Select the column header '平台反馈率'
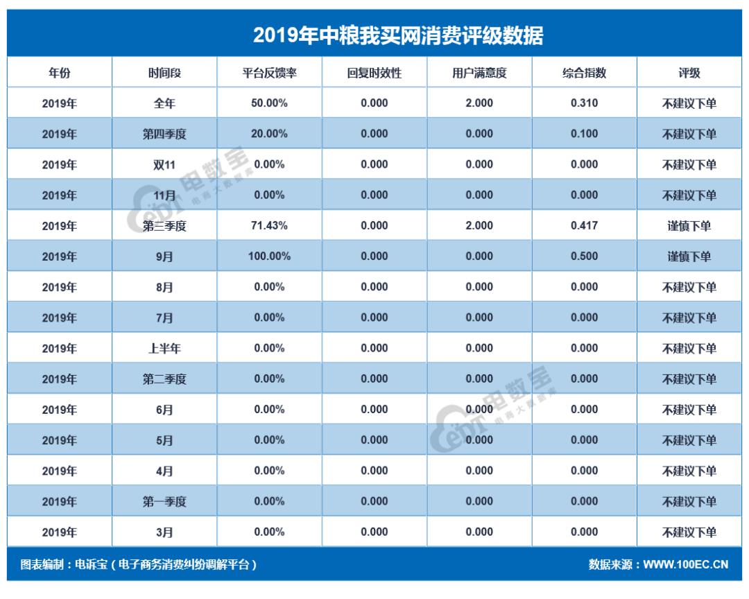click(x=269, y=73)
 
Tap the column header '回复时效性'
click(x=374, y=73)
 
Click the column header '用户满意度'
click(x=479, y=73)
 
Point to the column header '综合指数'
click(x=584, y=73)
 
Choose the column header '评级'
click(x=689, y=73)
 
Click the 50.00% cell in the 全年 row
click(x=269, y=103)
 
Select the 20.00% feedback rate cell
click(x=269, y=134)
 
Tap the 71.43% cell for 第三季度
click(x=269, y=225)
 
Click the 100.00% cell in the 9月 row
click(x=269, y=256)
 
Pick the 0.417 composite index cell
click(x=584, y=225)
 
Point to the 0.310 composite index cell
click(x=584, y=103)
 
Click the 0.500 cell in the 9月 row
click(x=584, y=256)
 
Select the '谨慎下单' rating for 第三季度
click(x=689, y=225)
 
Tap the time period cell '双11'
click(x=164, y=164)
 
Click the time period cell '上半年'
click(x=164, y=348)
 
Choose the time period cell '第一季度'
click(x=164, y=501)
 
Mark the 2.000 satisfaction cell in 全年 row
click(x=479, y=103)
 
